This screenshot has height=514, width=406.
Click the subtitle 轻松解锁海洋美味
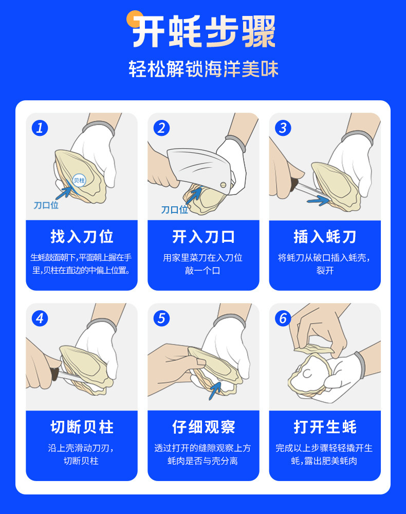click(204, 69)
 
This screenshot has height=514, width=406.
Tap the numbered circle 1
click(40, 128)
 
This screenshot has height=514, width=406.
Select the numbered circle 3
click(283, 128)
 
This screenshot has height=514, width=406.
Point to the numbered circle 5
click(162, 318)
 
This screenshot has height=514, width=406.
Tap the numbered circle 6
click(283, 318)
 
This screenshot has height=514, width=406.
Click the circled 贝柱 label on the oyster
click(79, 180)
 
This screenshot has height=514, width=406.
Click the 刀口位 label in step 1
click(46, 205)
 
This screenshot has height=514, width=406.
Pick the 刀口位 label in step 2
click(175, 209)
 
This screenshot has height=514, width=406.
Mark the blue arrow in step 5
click(215, 390)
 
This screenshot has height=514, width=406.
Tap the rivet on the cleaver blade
click(223, 185)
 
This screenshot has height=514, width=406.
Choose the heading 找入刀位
click(82, 236)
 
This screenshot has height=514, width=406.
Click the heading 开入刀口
click(204, 236)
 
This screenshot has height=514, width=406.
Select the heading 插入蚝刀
click(325, 236)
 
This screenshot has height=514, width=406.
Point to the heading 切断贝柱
click(82, 427)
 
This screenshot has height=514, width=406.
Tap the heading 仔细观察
click(204, 427)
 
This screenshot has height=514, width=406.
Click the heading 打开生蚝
click(325, 427)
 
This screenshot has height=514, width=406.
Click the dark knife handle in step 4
click(54, 374)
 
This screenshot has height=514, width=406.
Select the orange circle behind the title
click(134, 19)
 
